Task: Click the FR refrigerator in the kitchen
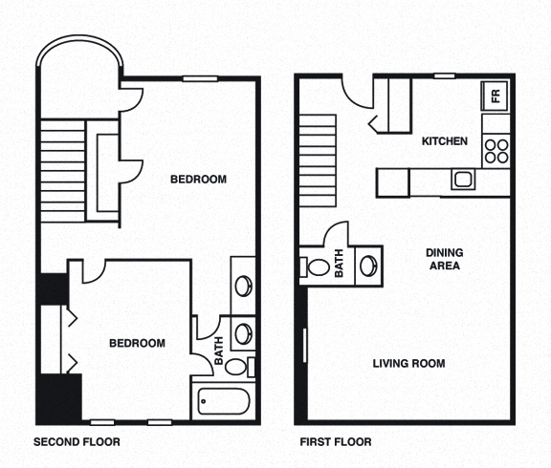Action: (496, 95)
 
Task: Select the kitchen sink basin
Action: (463, 179)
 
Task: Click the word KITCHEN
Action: (445, 141)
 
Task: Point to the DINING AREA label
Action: (444, 259)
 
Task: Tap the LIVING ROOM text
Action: (408, 363)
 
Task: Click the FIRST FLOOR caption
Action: (335, 442)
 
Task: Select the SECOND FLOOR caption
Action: (77, 442)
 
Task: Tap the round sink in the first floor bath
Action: (368, 265)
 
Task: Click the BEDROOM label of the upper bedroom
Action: (198, 179)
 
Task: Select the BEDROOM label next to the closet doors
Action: (136, 344)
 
